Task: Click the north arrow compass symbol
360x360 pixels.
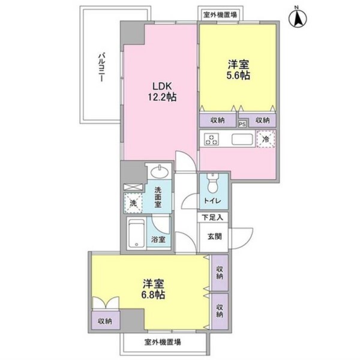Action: click(298, 17)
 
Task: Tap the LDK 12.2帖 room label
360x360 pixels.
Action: click(162, 92)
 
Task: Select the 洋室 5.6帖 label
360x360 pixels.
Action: click(238, 70)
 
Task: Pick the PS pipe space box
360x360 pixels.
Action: click(242, 124)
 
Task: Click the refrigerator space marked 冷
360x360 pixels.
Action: click(266, 139)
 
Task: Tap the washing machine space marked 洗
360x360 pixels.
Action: click(133, 203)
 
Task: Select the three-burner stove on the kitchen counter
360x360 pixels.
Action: click(211, 140)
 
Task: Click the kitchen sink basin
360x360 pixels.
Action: click(242, 139)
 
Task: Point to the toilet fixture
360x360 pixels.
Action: click(214, 183)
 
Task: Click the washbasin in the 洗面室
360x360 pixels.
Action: click(159, 171)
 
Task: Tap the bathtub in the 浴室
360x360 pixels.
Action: click(136, 233)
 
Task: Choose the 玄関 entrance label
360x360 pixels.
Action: click(215, 236)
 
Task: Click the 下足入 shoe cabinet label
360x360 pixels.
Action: click(212, 217)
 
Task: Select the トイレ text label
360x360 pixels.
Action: click(212, 201)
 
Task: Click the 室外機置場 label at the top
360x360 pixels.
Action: click(220, 15)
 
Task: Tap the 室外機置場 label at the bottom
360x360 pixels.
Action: click(163, 343)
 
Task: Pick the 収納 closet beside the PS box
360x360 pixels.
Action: click(262, 120)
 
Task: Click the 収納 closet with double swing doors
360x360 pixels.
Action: click(106, 321)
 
